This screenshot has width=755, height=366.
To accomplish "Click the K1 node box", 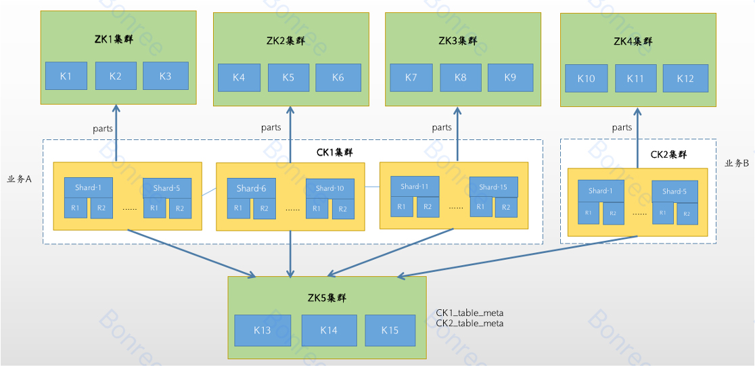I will (x=66, y=76).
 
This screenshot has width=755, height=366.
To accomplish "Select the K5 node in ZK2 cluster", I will (x=288, y=77).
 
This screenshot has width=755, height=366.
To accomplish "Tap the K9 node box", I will (x=510, y=77).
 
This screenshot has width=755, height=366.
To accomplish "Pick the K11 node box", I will (x=635, y=78).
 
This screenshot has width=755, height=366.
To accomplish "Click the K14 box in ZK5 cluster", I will (x=328, y=330).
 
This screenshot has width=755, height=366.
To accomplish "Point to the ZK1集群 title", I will (x=113, y=39).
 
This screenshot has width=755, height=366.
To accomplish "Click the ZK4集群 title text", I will (x=633, y=41).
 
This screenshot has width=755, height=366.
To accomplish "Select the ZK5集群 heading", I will (x=327, y=297).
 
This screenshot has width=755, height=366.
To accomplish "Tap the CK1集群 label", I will (x=335, y=152).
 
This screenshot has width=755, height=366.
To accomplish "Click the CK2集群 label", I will (x=668, y=154).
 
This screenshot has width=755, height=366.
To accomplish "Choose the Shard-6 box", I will (x=252, y=188).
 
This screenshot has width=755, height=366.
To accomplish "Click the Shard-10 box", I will (x=330, y=188).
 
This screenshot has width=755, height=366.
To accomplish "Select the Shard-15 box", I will (x=493, y=187).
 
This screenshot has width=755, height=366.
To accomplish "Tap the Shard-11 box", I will (x=415, y=186).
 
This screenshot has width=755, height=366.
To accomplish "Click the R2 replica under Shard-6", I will (x=265, y=208).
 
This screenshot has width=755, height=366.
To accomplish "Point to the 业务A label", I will (x=20, y=179).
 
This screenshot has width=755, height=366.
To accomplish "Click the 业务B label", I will (x=736, y=163).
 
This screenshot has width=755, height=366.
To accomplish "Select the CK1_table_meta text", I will (x=470, y=313).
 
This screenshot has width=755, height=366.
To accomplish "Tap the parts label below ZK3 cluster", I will (x=442, y=127).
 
